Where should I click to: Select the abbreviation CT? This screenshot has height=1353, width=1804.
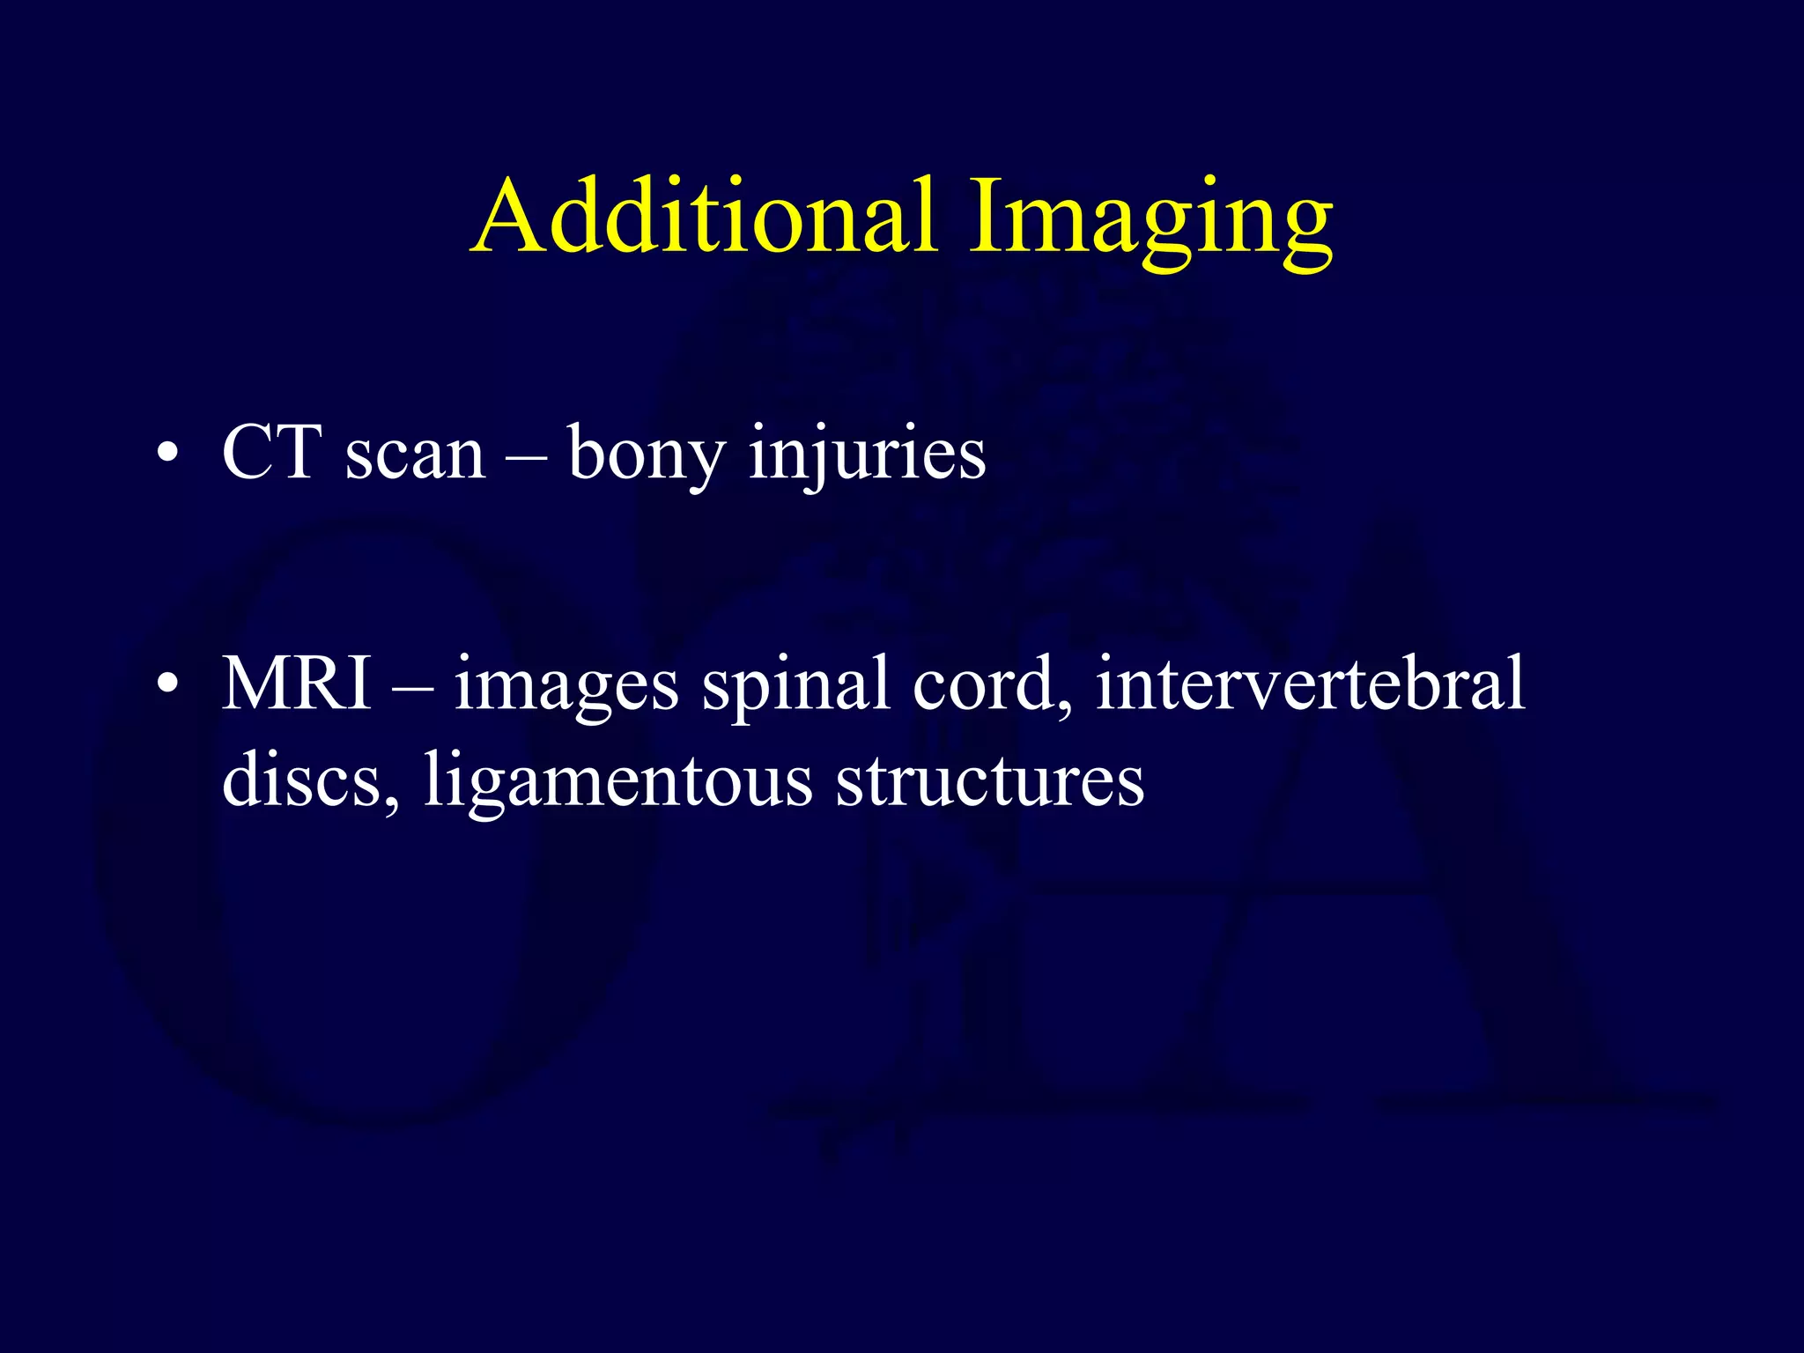pos(271,454)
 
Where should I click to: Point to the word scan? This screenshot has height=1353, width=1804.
pos(415,456)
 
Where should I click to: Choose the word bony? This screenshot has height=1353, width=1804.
pos(647,456)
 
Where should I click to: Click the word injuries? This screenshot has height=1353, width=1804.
pos(867,454)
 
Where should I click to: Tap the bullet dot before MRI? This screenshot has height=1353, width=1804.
pos(166,685)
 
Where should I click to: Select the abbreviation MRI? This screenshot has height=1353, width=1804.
pos(297,684)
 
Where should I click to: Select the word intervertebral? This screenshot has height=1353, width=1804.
pos(1310,684)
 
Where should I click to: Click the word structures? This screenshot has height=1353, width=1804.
pos(989,780)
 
